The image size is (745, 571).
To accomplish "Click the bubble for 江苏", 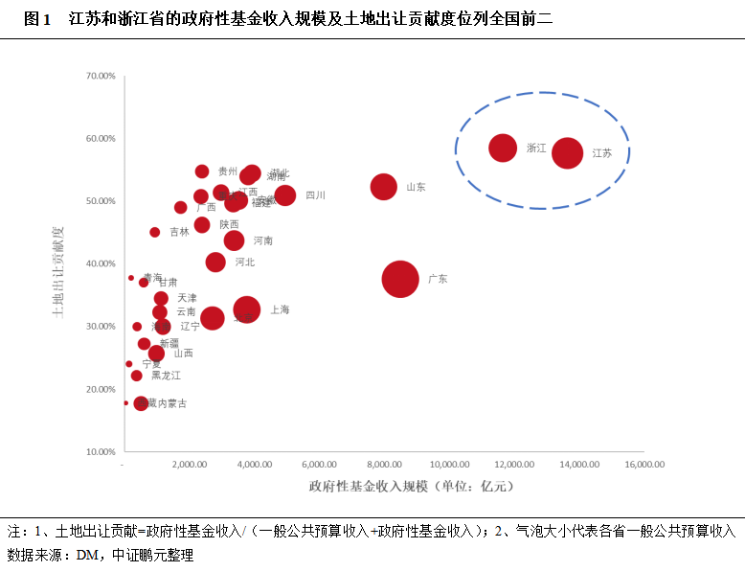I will point(568,152).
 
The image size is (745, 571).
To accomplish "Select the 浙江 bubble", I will point(503,148).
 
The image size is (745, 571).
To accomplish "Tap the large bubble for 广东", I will point(400,279).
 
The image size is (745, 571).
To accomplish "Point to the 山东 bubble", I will point(384,187).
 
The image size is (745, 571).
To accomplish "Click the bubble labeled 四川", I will point(284,195).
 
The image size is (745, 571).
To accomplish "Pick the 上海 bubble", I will point(247,309).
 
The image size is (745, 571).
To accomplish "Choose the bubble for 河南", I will point(234,240).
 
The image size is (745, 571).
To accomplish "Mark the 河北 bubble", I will point(215,262).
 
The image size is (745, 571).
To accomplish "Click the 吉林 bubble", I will point(155,232).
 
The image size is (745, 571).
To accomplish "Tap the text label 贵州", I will point(228,171).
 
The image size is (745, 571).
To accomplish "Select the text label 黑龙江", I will point(159,376).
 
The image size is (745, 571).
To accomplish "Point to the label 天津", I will point(187,298).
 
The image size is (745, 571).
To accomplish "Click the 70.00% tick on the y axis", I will point(100,75).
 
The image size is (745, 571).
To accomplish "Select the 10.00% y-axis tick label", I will point(100,451).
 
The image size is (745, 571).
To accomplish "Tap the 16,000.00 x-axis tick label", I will point(644,465).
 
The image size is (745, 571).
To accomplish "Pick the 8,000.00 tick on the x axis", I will point(383,465).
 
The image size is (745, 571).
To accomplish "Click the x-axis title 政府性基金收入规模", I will point(368,486).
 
